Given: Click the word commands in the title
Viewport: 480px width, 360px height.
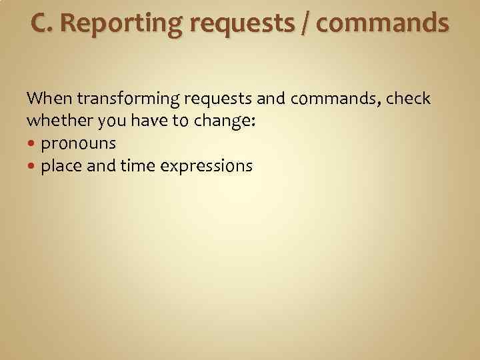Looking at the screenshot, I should [x=383, y=23].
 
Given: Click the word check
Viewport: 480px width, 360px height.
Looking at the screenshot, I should [x=408, y=99].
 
